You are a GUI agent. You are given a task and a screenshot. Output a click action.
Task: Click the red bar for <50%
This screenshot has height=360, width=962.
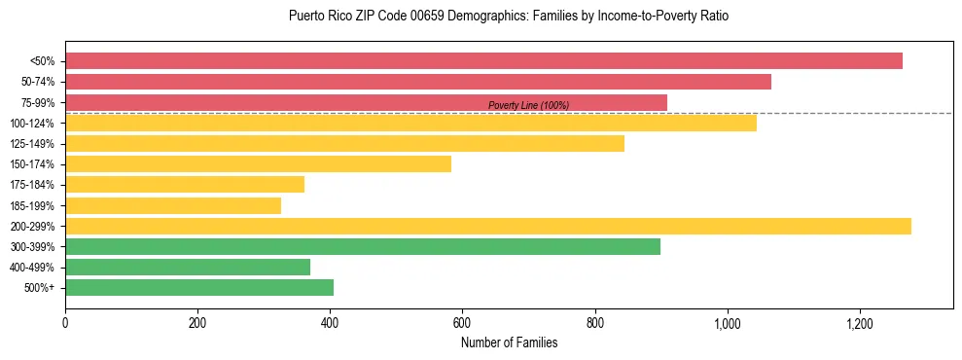tap(483, 61)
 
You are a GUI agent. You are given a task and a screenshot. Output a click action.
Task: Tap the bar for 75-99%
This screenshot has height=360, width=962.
tap(366, 102)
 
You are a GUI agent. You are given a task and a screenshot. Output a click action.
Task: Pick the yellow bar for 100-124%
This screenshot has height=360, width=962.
tap(410, 123)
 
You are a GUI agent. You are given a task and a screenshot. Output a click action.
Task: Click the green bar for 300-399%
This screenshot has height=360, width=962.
tap(363, 246)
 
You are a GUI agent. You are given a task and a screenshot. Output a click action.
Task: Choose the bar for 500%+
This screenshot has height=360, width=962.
tap(199, 287)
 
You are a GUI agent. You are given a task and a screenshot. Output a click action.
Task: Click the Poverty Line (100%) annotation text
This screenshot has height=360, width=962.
tap(528, 105)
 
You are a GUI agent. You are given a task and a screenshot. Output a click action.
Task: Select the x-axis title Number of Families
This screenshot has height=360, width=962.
tap(509, 342)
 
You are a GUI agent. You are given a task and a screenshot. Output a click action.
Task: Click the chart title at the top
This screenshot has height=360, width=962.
tap(509, 17)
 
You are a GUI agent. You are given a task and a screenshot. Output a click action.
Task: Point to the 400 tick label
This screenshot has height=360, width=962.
tap(330, 322)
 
